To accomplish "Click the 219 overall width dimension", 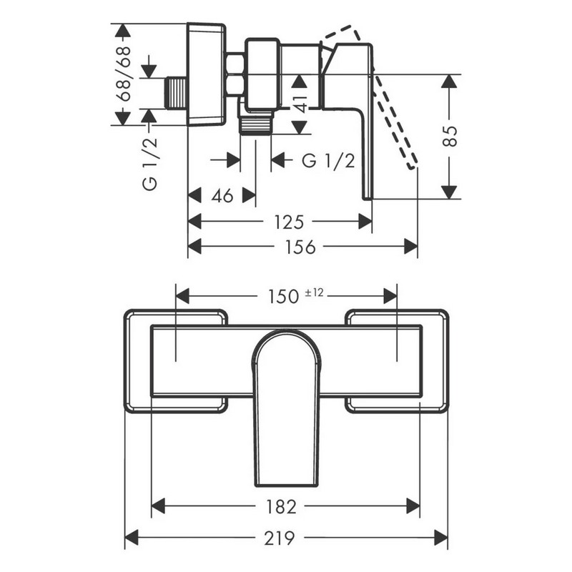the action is (280, 538).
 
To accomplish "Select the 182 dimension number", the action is (281, 507).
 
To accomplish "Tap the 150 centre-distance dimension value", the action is (283, 297).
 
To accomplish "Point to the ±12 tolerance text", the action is (314, 292).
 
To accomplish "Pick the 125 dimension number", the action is (289, 222).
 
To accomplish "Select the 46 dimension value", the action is (222, 196).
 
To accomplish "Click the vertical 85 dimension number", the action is (451, 136).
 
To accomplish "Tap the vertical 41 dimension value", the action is (301, 103).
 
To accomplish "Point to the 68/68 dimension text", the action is (123, 74).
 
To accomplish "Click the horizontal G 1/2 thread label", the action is (328, 160).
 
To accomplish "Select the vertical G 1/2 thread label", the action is (150, 164).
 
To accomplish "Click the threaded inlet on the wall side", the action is (177, 94).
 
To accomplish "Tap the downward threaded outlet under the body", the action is (255, 125).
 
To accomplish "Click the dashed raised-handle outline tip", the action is (413, 167).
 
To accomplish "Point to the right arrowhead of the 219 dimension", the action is (441, 538).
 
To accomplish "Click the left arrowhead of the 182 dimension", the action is (158, 506).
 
